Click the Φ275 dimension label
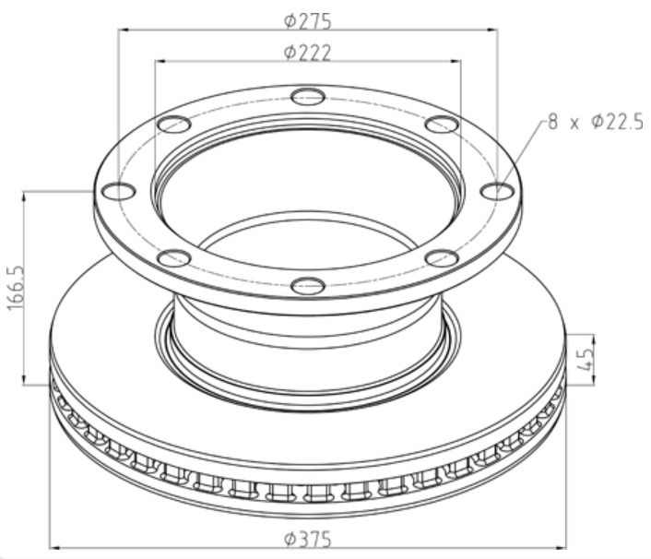coord(308,21)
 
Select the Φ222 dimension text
coord(308,53)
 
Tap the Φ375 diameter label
coord(308,540)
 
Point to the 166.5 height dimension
coord(17,288)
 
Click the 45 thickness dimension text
coord(585,360)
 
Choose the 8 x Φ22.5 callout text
coord(596,123)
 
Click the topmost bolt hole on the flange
coord(308,98)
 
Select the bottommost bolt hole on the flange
coord(308,286)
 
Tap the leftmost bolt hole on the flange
coord(119,192)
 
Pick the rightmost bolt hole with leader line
coord(497,192)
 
